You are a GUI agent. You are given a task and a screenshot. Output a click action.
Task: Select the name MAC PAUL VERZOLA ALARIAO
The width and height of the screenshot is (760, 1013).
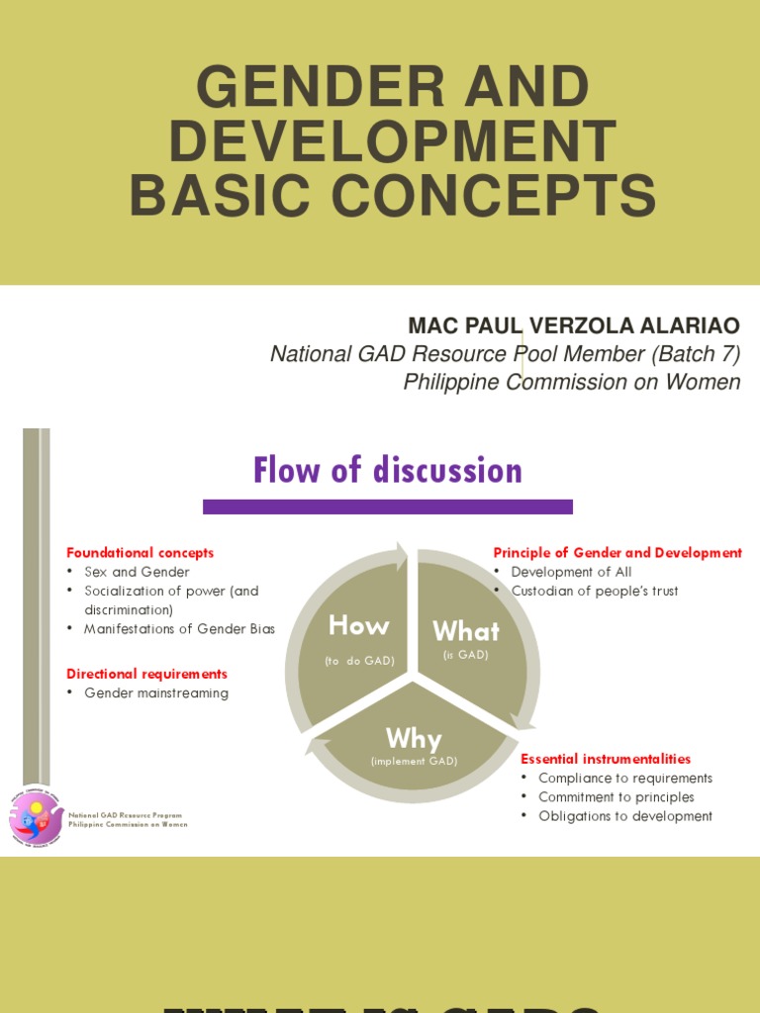574,326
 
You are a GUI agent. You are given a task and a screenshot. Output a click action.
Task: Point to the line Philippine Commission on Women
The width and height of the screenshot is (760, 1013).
571,382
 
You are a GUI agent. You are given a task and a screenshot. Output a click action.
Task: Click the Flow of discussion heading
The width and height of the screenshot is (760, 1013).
387,470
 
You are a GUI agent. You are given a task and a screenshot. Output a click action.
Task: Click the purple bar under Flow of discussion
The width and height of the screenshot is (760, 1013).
387,506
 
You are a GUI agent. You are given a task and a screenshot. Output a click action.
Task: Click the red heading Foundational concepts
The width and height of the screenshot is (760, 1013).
140,553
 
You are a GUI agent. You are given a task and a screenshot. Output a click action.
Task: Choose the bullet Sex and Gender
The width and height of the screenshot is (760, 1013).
137,572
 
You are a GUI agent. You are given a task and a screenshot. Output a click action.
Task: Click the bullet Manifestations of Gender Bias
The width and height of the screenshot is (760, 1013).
179,629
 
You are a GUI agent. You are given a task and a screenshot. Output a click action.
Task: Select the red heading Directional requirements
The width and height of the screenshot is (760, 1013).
146,674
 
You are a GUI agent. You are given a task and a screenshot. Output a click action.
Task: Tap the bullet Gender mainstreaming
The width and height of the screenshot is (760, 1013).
156,693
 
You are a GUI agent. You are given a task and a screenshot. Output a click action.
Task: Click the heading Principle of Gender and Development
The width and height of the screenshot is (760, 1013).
617,553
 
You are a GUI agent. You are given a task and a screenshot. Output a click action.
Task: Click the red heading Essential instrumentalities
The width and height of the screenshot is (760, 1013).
606,759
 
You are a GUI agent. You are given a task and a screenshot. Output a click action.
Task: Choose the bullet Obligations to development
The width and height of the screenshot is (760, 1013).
625,816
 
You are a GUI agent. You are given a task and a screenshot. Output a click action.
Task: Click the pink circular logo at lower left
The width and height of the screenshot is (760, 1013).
36,818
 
